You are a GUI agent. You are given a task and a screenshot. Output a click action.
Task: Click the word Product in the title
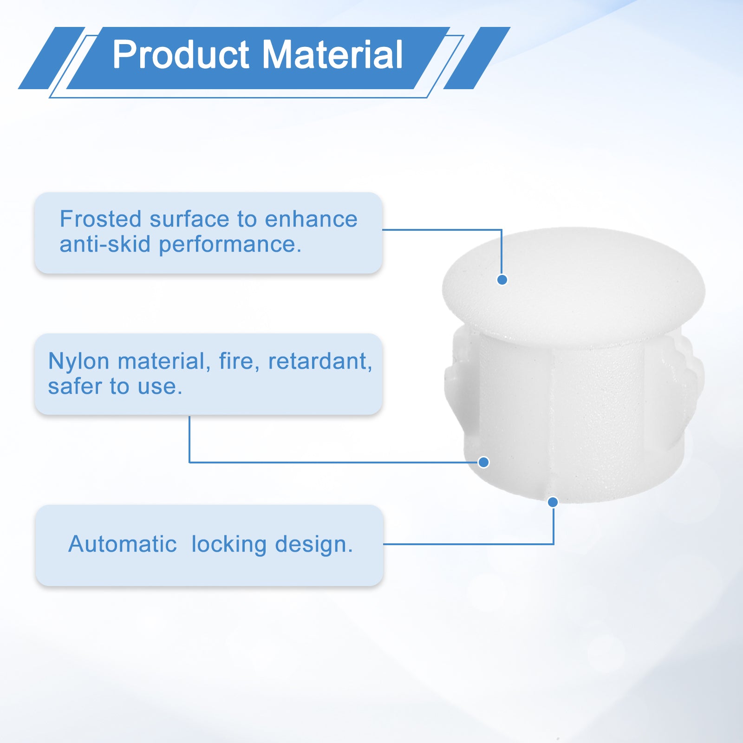(x=181, y=55)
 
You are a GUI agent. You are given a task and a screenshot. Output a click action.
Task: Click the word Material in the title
(x=333, y=55)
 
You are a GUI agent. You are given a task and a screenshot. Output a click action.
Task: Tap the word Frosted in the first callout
(x=101, y=219)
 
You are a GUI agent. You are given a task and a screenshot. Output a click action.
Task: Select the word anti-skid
(x=105, y=244)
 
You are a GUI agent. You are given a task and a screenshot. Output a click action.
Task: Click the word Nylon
(x=78, y=362)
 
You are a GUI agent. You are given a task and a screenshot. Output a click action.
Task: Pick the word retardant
(x=320, y=361)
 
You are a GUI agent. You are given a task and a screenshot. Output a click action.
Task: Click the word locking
(x=229, y=545)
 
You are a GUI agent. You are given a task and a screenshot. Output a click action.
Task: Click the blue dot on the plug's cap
(x=502, y=280)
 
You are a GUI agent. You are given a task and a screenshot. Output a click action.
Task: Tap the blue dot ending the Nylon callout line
(x=483, y=462)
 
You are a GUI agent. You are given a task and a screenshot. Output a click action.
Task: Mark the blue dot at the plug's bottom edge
(x=553, y=502)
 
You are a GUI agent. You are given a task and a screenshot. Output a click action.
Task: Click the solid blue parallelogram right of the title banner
(x=477, y=58)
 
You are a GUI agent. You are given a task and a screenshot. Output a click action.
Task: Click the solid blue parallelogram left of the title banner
(x=52, y=58)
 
